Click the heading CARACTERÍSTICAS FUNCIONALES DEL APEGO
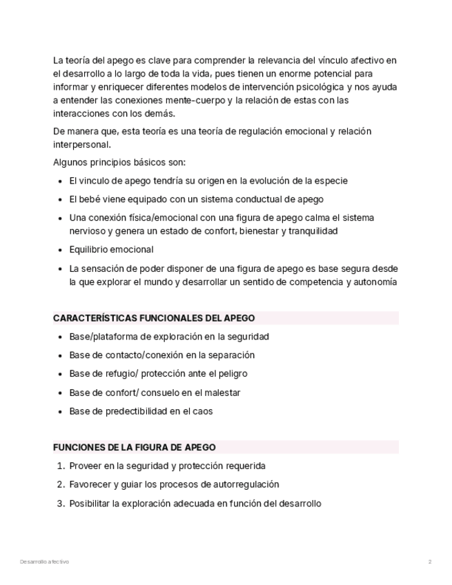click(x=154, y=318)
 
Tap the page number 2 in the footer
click(x=429, y=562)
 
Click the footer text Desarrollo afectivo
click(x=45, y=562)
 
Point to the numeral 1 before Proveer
click(x=60, y=466)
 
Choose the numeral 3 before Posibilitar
click(x=60, y=504)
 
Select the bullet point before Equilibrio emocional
click(x=61, y=250)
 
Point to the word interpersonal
click(x=81, y=145)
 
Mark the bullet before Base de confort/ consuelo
click(x=61, y=393)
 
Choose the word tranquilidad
click(x=312, y=231)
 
